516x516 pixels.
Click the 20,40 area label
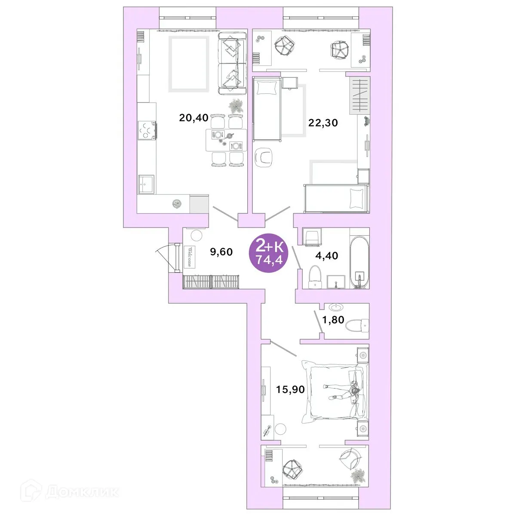[193, 117]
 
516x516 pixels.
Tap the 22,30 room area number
[323, 123]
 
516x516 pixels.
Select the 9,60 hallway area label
[221, 252]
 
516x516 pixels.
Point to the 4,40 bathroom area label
[326, 255]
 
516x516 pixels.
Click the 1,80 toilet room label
[333, 320]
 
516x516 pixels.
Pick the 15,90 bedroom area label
[290, 390]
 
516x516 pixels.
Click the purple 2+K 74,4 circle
[270, 253]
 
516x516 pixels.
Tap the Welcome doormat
[190, 256]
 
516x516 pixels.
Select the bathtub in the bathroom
[359, 262]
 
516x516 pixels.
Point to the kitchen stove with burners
[146, 130]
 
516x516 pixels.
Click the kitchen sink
[147, 185]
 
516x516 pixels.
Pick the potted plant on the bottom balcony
[357, 476]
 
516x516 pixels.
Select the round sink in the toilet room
[335, 307]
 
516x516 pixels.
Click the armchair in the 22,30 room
[264, 157]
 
